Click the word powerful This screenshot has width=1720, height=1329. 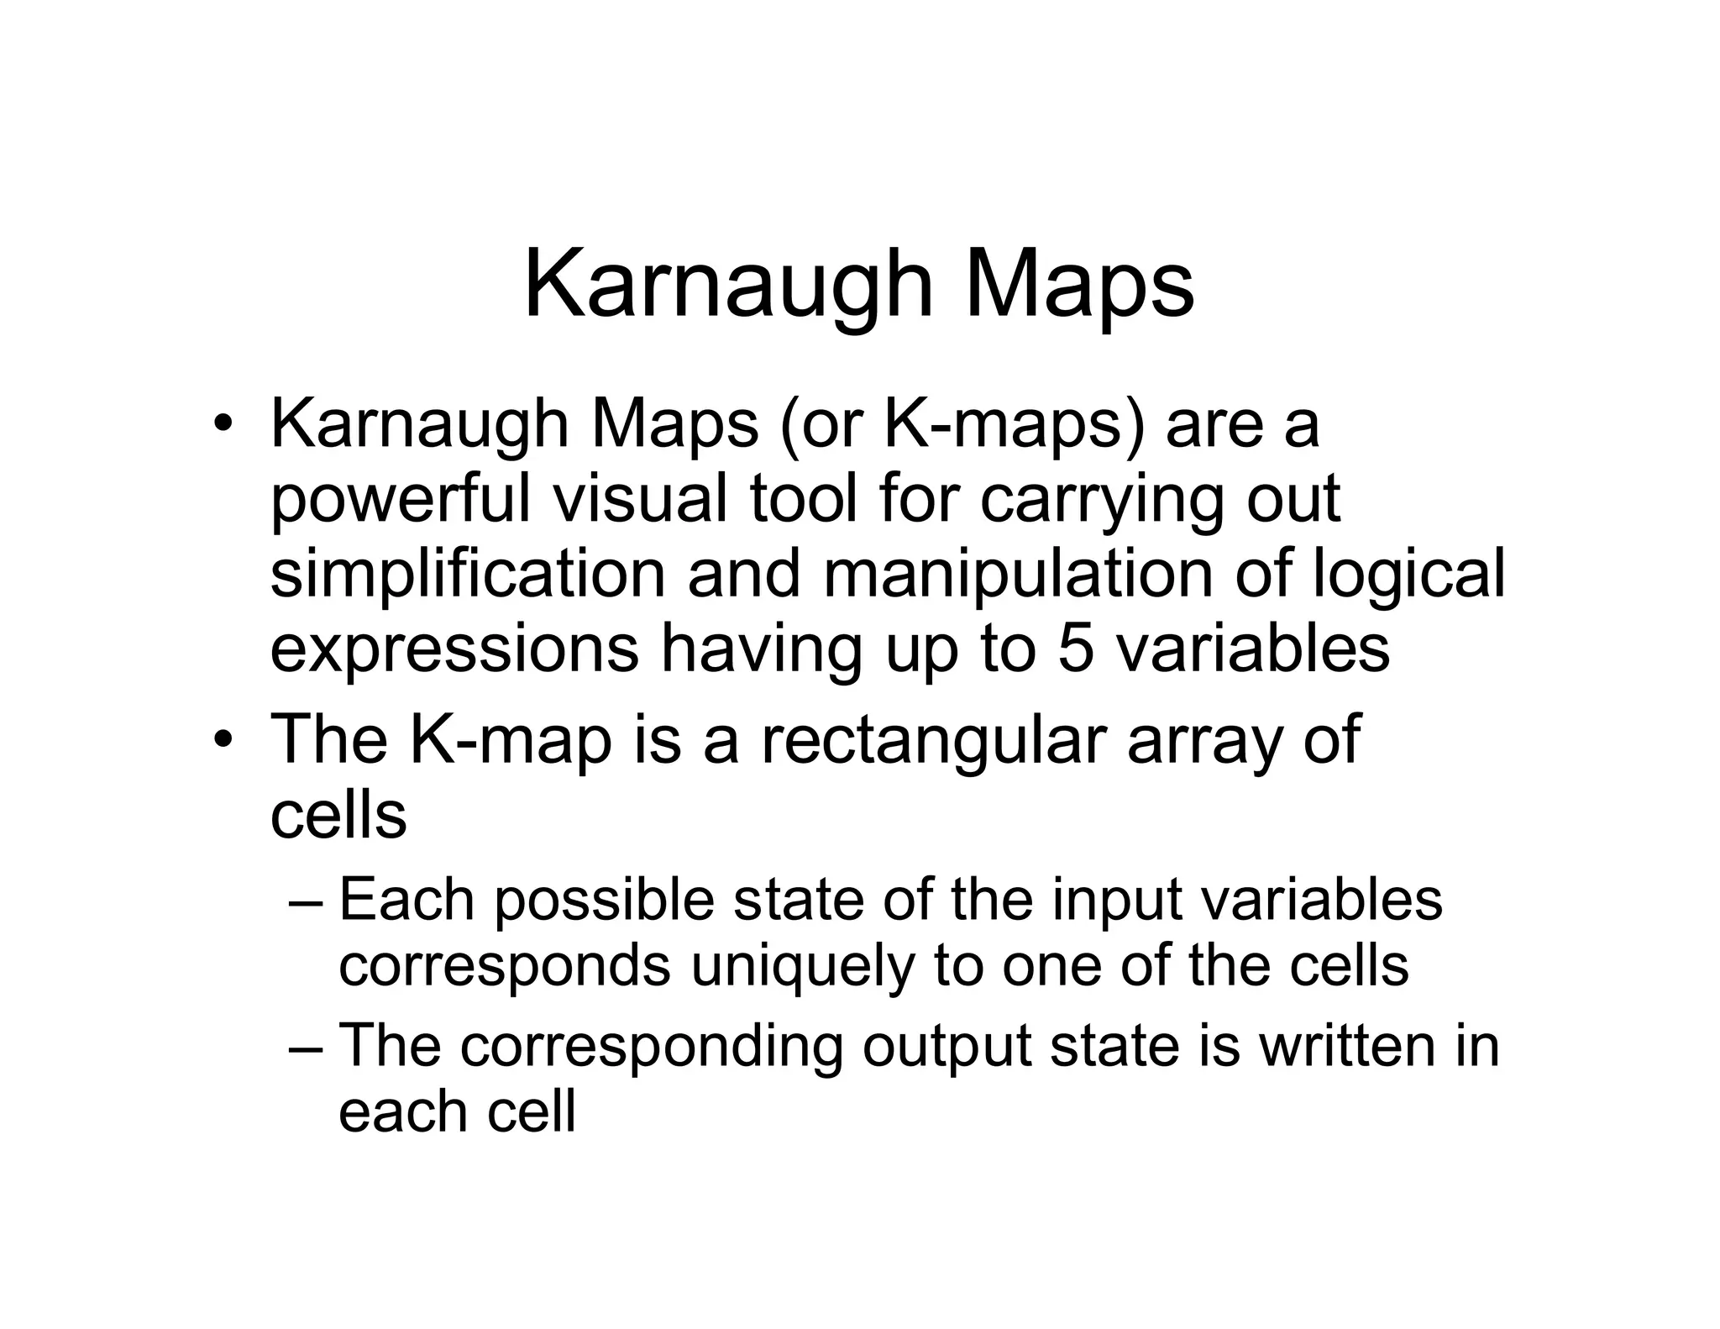coord(401,500)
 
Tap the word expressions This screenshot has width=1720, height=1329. coord(454,649)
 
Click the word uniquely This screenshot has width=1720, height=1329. coord(800,966)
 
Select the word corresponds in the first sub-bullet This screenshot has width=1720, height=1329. coord(504,966)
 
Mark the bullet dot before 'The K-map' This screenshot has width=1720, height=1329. coord(222,740)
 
